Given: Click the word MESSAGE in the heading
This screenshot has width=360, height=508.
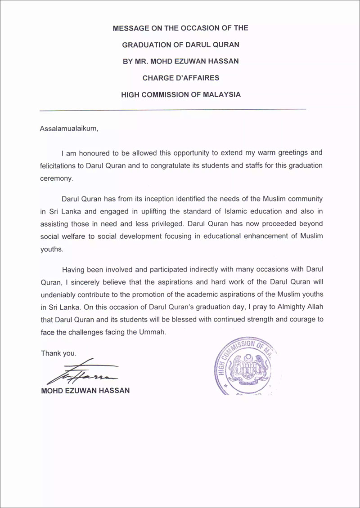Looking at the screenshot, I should pyautogui.click(x=130, y=28).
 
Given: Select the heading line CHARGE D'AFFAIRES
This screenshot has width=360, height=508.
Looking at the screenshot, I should pyautogui.click(x=181, y=78).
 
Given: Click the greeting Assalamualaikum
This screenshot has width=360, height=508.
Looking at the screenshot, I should pyautogui.click(x=68, y=129).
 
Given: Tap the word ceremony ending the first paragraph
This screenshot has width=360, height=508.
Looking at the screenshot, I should pyautogui.click(x=56, y=178).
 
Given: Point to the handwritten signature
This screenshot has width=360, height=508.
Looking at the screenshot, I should pyautogui.click(x=81, y=372).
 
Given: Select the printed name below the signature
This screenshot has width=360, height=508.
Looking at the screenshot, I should pyautogui.click(x=85, y=391).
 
